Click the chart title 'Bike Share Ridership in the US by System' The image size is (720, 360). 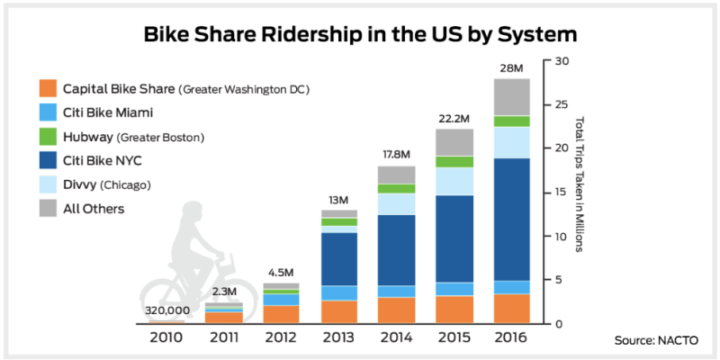[360, 35]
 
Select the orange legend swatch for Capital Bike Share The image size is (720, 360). [48, 88]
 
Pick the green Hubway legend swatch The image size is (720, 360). [48, 137]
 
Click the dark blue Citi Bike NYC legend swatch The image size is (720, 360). [48, 161]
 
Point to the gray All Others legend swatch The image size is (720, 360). [48, 209]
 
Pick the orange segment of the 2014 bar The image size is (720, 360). [396, 310]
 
